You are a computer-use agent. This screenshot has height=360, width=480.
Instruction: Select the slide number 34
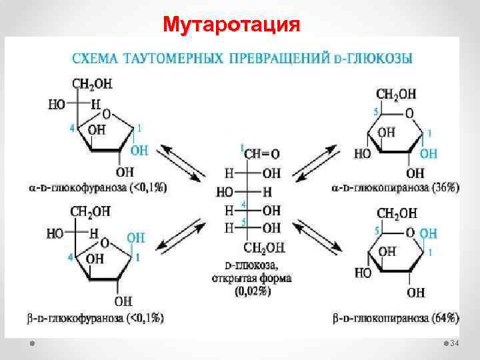tap(456, 343)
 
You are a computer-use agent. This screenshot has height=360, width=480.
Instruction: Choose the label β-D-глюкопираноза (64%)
tap(395, 319)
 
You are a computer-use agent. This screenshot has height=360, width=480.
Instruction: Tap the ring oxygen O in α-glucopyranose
tap(409, 113)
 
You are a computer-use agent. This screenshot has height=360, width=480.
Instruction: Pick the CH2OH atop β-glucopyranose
tap(397, 213)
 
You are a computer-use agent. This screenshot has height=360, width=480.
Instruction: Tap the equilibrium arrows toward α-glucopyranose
tap(319, 163)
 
